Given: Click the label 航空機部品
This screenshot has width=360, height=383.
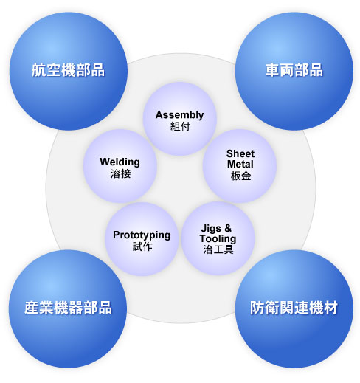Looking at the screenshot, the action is click(68, 70).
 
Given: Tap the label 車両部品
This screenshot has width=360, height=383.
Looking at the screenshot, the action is click(294, 70).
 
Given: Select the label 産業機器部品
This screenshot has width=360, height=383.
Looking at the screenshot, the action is click(68, 308).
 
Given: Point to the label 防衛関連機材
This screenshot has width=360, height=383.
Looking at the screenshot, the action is click(294, 308).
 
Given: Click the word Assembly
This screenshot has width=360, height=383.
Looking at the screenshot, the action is click(179, 115).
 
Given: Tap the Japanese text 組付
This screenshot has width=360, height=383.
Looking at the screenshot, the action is click(180, 127).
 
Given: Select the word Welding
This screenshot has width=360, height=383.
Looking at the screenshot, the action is click(120, 162).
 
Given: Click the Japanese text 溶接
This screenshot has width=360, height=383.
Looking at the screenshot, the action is click(120, 173).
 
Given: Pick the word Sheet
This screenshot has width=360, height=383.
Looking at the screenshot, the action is click(240, 153).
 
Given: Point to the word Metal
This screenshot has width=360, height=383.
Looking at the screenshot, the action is click(240, 164).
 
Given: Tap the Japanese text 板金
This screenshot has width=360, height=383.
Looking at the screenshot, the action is click(240, 176).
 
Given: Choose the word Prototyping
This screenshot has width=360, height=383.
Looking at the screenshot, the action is click(142, 235).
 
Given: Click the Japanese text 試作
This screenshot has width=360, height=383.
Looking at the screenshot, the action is click(142, 246).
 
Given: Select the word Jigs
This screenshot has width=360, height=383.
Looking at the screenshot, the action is click(211, 229).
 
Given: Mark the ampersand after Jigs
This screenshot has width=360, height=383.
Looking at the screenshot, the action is click(228, 228).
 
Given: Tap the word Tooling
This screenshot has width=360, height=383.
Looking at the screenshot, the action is click(218, 238).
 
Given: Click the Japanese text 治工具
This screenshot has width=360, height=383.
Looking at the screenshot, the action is click(218, 249).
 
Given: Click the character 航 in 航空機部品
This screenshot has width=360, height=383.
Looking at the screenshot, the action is click(39, 70).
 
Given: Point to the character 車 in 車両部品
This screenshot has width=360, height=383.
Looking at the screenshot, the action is click(272, 70).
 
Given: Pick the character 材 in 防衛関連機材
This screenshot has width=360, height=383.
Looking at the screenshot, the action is click(331, 308).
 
